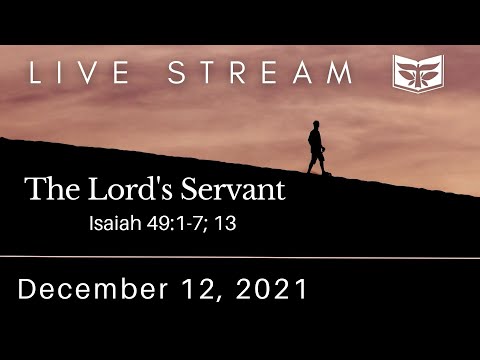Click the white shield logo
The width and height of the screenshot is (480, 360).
point(418,71)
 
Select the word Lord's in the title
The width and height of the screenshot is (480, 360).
point(130,190)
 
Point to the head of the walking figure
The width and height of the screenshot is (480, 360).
point(315,126)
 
